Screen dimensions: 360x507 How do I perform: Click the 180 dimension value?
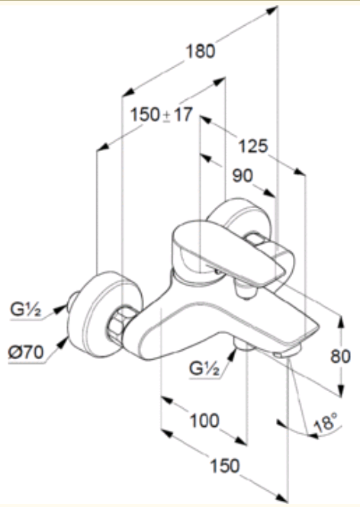pos(201,51)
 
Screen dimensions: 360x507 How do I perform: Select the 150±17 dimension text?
pos(162,115)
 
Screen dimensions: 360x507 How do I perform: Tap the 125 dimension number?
pos(253,146)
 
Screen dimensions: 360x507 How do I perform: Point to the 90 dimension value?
pos(243,175)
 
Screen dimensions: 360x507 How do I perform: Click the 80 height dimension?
pos(340,356)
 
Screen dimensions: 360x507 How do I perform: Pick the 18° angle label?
pos(325,422)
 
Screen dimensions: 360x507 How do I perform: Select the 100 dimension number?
pos(204,421)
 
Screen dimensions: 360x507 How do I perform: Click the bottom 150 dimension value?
pos(225,466)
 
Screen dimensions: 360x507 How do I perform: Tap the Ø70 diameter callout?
pos(26,351)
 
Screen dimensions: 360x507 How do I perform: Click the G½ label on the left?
pos(26,310)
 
